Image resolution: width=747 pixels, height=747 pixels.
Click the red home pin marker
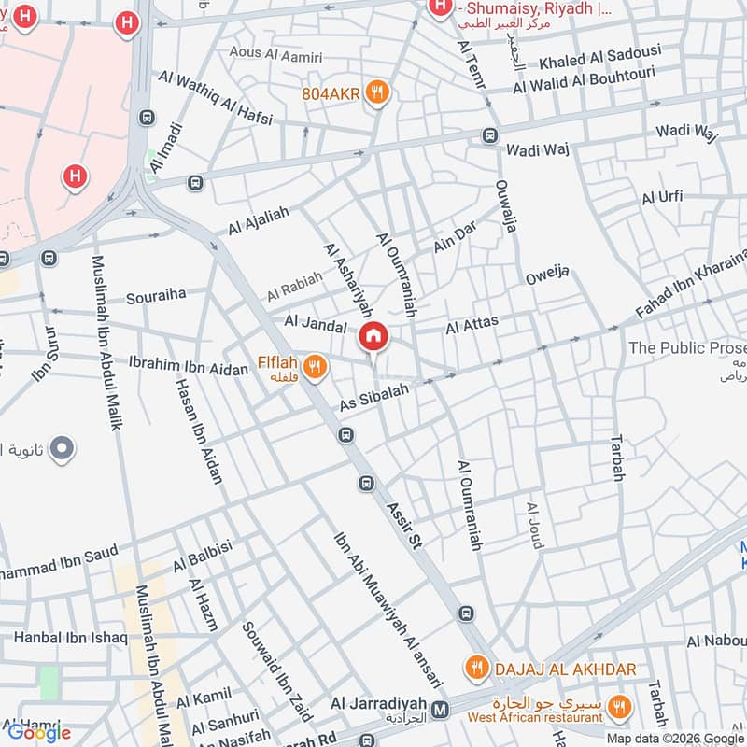[373, 336]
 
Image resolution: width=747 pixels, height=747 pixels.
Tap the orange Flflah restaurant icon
[315, 367]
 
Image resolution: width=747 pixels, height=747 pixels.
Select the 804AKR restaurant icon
[377, 92]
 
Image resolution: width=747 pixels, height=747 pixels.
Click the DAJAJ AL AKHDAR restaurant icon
[477, 669]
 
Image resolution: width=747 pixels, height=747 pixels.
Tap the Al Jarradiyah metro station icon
[441, 710]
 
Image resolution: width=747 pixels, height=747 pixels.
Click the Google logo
[39, 732]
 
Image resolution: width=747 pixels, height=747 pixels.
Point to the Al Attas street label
[472, 325]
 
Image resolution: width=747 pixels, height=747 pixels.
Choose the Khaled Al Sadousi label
[599, 58]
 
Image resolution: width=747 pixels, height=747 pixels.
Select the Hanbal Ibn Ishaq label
[70, 638]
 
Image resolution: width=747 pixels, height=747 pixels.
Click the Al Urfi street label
[662, 197]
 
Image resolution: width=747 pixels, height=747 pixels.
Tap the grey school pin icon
[63, 450]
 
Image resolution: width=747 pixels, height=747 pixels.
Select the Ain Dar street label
[456, 240]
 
